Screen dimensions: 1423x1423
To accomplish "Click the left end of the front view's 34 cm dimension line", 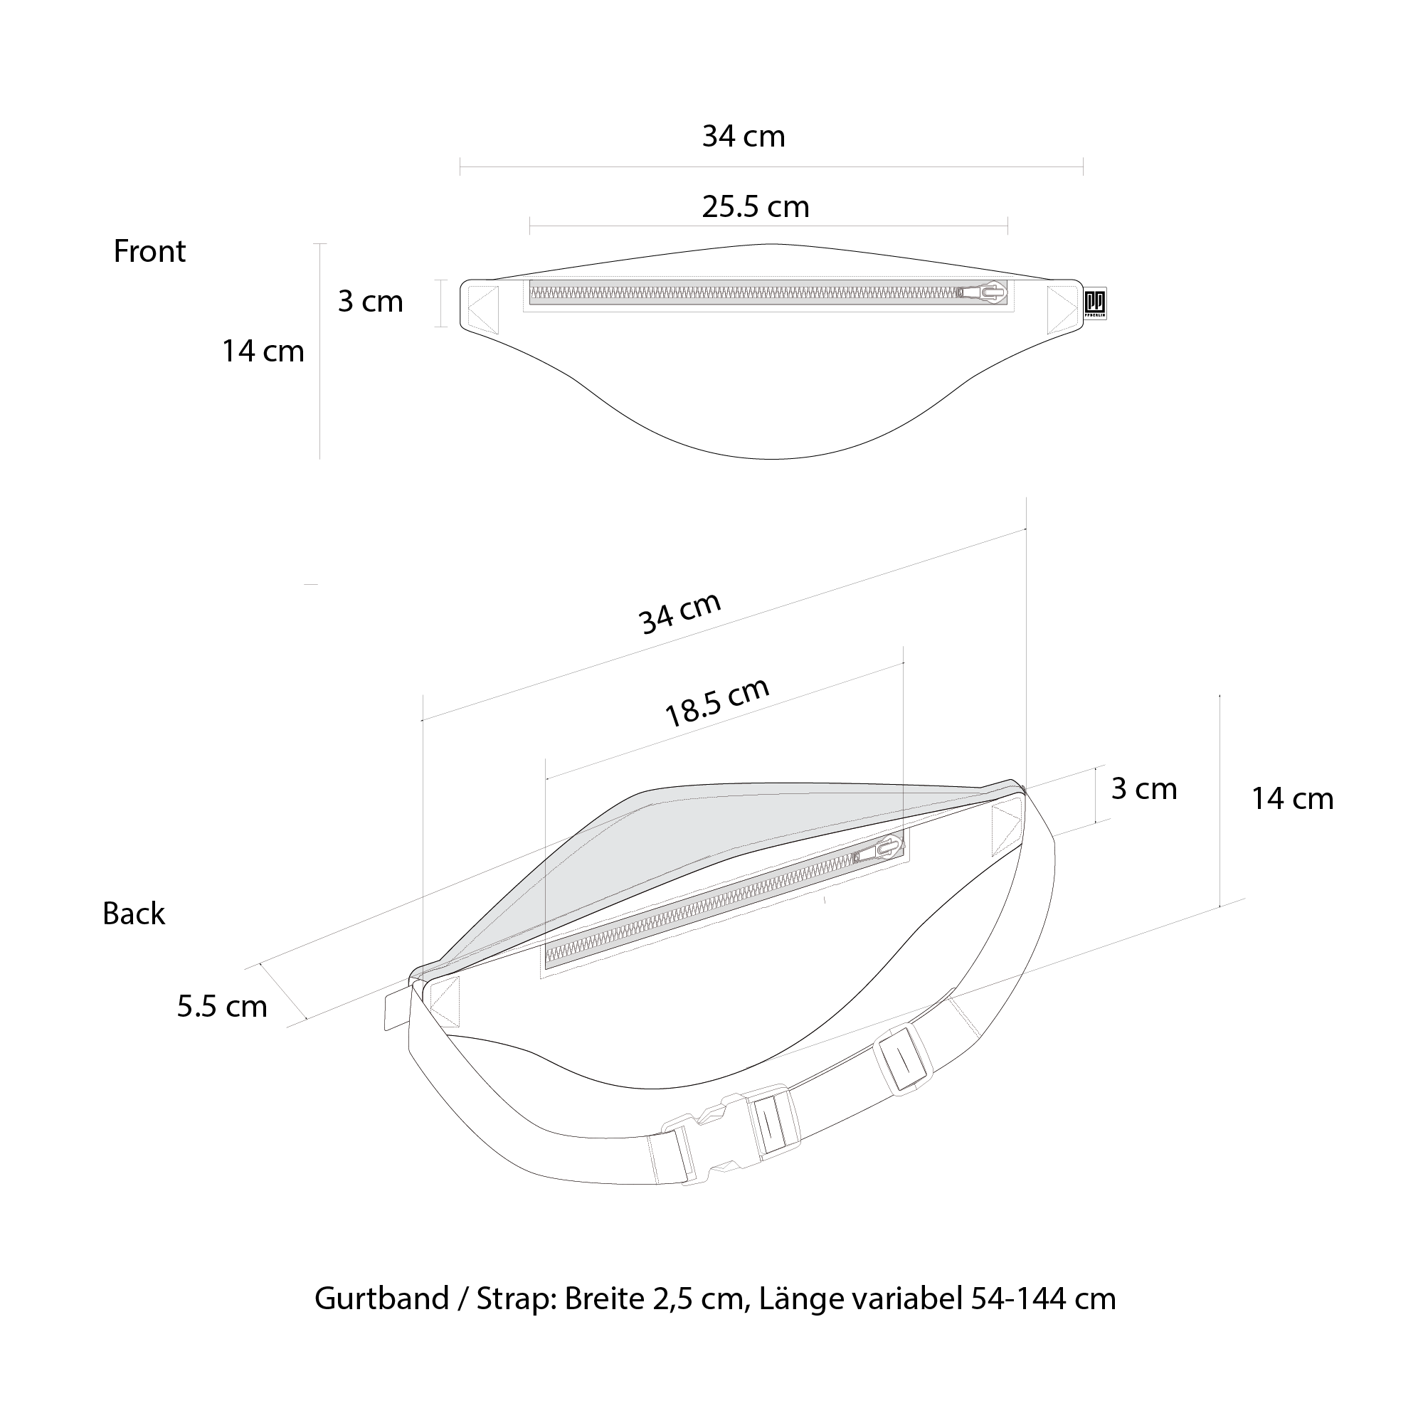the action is [x=460, y=166].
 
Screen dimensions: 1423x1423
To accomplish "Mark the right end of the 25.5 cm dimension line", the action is [x=1007, y=226].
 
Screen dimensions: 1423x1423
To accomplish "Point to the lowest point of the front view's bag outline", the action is [x=771, y=459].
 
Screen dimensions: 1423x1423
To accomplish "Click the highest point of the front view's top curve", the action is [x=771, y=244].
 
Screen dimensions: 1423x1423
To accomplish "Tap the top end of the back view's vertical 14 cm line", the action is [x=1220, y=695].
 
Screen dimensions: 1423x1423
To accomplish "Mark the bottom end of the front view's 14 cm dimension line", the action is [x=319, y=459].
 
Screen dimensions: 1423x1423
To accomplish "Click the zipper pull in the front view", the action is [x=983, y=292].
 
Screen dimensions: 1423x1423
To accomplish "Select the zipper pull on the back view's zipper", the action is [x=879, y=851].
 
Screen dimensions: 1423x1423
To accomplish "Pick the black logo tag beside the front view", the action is [x=1095, y=302].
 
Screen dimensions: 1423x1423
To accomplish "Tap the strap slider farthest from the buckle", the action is [x=904, y=1060].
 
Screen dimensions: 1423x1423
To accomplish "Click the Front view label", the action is [x=149, y=251].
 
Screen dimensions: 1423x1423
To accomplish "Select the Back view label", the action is [x=134, y=914].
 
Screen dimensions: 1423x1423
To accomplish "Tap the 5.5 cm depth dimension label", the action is [x=222, y=1006].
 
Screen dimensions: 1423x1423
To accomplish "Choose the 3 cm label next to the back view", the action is [x=1144, y=788].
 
